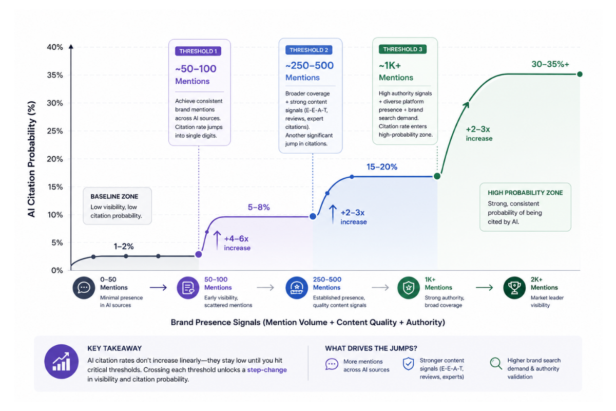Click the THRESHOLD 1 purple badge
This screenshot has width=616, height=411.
[x=198, y=51]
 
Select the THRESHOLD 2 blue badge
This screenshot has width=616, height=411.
[x=309, y=50]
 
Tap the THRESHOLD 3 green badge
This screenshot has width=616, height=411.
[x=402, y=49]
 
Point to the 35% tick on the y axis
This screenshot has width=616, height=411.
[x=55, y=75]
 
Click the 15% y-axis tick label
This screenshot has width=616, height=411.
[x=55, y=187]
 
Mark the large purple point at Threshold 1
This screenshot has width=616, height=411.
[x=199, y=254]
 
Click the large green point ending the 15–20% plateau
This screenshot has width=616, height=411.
[x=437, y=176]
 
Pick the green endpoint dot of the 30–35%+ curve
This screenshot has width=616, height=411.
[x=580, y=74]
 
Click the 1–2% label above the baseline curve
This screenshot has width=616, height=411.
[x=124, y=246]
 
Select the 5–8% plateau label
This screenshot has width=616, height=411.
[x=259, y=207]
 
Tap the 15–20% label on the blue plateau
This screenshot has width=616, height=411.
[x=382, y=166]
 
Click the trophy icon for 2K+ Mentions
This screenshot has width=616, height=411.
[x=514, y=288]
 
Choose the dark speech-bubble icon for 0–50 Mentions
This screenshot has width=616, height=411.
[x=84, y=288]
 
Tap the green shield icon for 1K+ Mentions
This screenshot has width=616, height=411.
[x=409, y=288]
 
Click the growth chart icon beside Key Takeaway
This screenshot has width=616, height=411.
[x=61, y=362]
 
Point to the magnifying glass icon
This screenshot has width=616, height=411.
[x=496, y=363]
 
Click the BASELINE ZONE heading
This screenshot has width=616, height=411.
[x=114, y=197]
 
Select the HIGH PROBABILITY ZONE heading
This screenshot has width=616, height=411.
[x=525, y=193]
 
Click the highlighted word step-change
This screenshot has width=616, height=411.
[x=267, y=370]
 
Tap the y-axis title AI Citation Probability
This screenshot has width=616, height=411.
[x=31, y=159]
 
